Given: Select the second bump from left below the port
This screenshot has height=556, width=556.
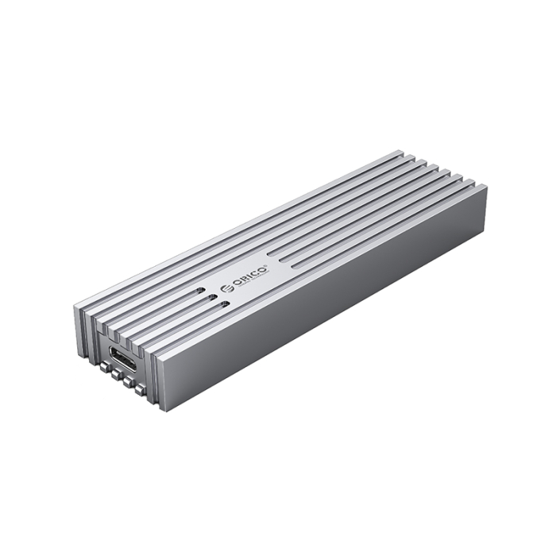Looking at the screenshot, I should pyautogui.click(x=118, y=375).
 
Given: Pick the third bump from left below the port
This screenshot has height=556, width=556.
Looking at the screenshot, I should pyautogui.click(x=129, y=382).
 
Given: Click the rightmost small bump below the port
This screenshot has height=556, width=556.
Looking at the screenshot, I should pyautogui.click(x=140, y=389).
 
